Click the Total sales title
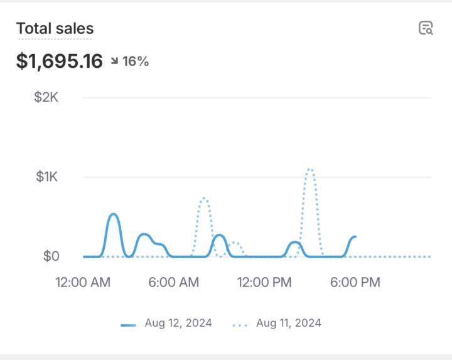[x=55, y=28]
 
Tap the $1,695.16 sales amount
[x=59, y=61]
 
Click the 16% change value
[x=136, y=62]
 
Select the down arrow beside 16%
[x=115, y=62]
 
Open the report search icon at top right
[x=426, y=28]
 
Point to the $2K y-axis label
[x=46, y=97]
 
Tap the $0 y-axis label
[x=51, y=256]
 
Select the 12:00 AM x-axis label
[x=83, y=282]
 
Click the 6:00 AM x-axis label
[x=174, y=282]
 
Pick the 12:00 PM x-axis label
[x=264, y=282]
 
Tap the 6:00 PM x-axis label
[x=355, y=282]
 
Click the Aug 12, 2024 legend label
[x=178, y=324]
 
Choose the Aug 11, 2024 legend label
[x=289, y=324]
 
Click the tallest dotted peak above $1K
[x=309, y=169]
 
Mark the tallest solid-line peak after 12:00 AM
[x=114, y=214]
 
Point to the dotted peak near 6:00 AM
[x=203, y=199]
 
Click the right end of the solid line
[x=355, y=237]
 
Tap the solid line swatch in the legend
[x=129, y=325]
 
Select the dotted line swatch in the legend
[x=240, y=325]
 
